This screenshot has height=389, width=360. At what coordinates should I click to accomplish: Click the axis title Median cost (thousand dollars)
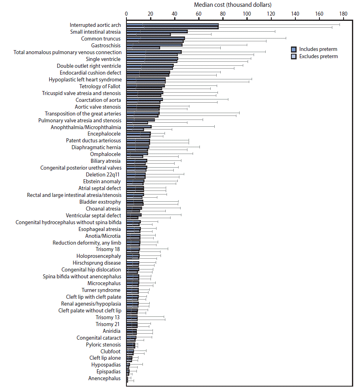coord(232,5)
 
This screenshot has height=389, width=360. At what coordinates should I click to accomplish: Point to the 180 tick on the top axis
coord(343,13)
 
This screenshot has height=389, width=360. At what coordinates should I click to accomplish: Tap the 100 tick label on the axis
coord(247,13)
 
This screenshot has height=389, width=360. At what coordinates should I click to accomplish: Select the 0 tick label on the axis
coord(126,13)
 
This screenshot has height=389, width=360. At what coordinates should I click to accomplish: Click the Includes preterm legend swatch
coord(294,49)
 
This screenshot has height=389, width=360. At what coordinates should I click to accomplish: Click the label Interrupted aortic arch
coord(95,25)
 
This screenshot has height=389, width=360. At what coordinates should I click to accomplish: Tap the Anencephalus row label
coord(104,378)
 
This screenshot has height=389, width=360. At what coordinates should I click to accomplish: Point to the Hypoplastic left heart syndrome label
coord(85,79)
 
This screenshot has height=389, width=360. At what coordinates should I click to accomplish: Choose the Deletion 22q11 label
coord(103,174)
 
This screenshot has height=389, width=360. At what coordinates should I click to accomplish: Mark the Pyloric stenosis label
coord(103,344)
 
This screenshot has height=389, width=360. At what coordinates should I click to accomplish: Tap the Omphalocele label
coord(105,154)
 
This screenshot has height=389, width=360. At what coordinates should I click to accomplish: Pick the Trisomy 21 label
coord(108,324)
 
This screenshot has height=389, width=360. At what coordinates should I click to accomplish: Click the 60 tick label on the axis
coord(199,13)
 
